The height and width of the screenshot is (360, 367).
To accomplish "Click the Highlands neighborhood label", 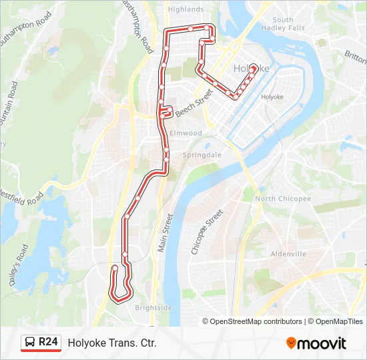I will point(186,9).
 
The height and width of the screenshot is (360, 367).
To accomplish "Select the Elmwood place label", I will point(186,133).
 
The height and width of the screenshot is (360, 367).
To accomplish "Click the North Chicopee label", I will point(283,199).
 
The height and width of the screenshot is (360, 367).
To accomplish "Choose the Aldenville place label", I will point(288,254).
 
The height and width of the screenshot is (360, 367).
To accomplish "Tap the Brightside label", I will point(153,307).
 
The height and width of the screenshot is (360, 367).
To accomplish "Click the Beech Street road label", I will point(194,103).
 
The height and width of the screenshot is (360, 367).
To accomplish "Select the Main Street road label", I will point(165,232).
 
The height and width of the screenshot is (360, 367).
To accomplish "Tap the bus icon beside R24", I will point(29,343).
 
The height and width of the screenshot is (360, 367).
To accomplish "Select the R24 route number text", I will point(48,343).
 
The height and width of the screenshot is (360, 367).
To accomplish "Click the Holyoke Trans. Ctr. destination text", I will point(112,343).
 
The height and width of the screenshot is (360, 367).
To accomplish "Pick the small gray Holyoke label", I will point(272,97).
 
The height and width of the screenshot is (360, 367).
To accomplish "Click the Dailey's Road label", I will point(19,265).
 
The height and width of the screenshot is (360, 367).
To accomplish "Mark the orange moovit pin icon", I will point(291,343).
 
